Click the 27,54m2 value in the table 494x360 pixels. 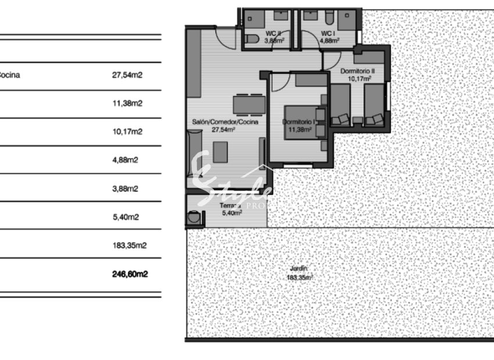pos(127,75)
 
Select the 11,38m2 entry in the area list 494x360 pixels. pos(127,103)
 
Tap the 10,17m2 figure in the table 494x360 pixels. pos(127,132)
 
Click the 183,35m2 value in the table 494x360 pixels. pos(129,246)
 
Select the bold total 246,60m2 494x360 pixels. pos(130,273)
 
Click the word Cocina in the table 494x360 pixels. pos(9,75)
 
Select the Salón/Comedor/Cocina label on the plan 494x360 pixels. pos(224,123)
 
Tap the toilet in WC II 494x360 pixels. pos(250,39)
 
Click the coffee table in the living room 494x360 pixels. pos(220,152)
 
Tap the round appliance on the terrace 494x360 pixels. pos(194,219)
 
